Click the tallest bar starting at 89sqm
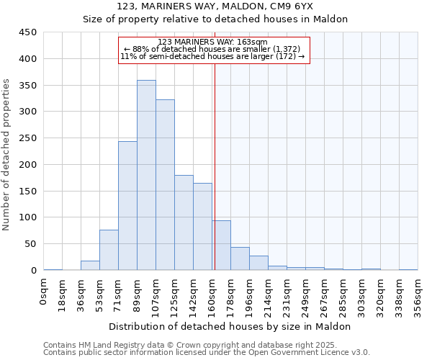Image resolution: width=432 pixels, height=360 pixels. [146, 175]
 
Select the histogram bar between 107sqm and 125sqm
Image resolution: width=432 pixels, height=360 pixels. [165, 185]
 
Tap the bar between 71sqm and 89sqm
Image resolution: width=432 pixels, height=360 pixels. [127, 206]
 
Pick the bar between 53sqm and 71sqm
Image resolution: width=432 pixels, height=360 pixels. [109, 250]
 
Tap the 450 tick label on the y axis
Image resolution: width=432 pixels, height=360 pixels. [28, 32]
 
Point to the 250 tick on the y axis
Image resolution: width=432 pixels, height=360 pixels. [28, 138]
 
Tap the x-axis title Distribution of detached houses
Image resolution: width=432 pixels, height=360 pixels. [230, 326]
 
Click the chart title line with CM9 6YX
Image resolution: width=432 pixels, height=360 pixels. [230, 7]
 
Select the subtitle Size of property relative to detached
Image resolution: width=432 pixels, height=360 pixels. [230, 19]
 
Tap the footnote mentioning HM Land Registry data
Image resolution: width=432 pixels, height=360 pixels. [205, 345]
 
